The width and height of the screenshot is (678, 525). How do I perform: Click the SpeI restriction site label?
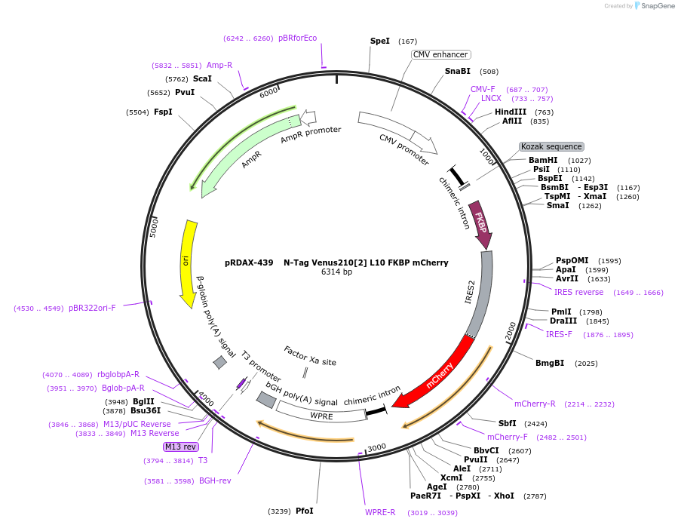(379, 41)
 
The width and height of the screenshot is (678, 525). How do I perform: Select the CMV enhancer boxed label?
(441, 54)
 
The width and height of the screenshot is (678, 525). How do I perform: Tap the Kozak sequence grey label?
(551, 146)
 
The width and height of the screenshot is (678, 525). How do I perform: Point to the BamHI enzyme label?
(543, 160)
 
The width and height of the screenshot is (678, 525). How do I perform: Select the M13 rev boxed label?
(180, 447)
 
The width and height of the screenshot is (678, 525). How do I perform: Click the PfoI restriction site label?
(304, 511)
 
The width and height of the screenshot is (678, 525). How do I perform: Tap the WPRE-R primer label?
(380, 512)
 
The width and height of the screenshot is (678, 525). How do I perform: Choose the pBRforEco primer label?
(297, 38)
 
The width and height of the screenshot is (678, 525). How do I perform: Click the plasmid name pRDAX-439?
(249, 262)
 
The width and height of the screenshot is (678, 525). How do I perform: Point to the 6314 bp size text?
(336, 272)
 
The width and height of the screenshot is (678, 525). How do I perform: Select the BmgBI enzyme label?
(550, 363)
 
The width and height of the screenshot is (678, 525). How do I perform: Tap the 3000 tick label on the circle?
(376, 447)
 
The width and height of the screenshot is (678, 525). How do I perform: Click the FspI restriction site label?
(163, 112)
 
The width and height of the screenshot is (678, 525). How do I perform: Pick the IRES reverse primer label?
(578, 292)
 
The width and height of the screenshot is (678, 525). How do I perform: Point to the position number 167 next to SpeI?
(407, 41)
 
